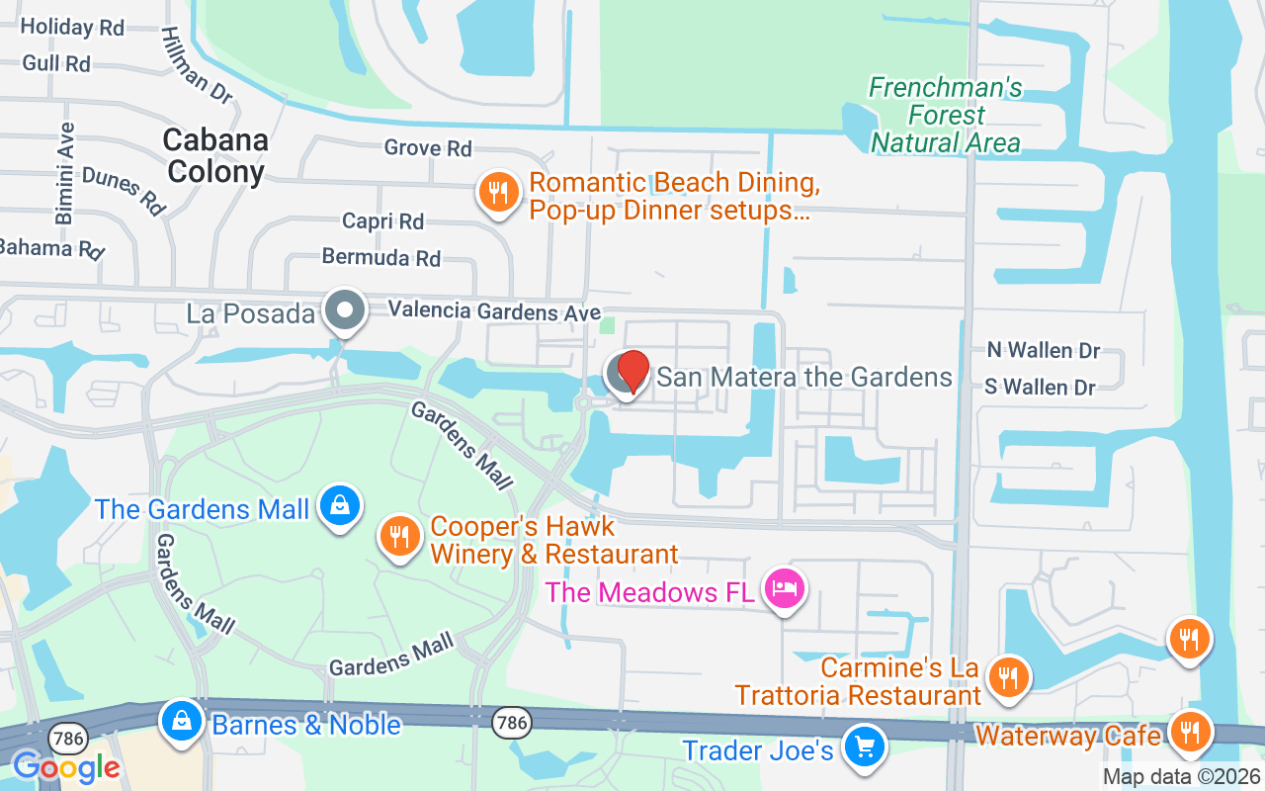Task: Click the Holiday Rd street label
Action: tap(72, 27)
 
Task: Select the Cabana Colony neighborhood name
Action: tap(215, 155)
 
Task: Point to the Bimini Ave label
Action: tap(65, 173)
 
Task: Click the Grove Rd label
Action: tap(428, 148)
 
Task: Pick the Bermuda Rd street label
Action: tap(380, 258)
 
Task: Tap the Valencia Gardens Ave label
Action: tap(494, 310)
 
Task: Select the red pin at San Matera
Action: tap(632, 372)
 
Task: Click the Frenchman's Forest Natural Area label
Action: tap(945, 116)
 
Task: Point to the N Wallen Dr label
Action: tap(1044, 351)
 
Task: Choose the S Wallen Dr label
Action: tap(1040, 387)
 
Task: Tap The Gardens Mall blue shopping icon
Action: tap(340, 506)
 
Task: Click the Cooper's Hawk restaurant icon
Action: tap(400, 538)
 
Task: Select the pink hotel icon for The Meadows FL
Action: tap(785, 589)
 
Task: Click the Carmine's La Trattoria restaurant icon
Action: tap(1008, 677)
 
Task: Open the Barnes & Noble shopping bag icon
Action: tap(183, 721)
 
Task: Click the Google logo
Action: tap(65, 766)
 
